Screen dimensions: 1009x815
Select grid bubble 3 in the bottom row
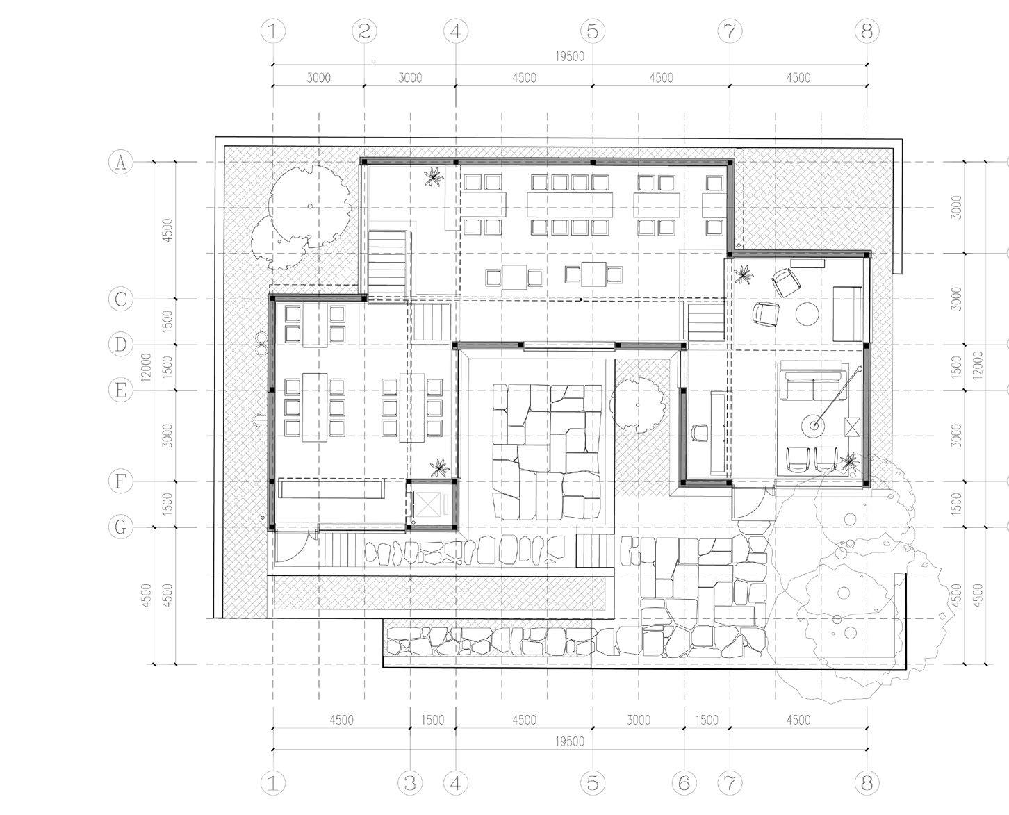(x=410, y=783)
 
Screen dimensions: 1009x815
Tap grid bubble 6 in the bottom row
(x=684, y=783)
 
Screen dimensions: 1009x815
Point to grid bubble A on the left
(x=120, y=163)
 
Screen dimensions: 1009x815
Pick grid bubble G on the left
(x=120, y=527)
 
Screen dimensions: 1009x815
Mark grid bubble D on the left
(x=120, y=345)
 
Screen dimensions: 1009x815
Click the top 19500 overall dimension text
(x=570, y=57)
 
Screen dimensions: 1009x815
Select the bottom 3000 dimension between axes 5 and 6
(x=638, y=721)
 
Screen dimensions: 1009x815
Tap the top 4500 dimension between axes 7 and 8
(x=798, y=78)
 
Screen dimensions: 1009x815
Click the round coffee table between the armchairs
(x=807, y=313)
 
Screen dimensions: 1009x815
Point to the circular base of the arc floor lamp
(x=811, y=423)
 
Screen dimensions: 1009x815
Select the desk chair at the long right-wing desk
(x=699, y=431)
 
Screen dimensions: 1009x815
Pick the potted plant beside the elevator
(x=438, y=467)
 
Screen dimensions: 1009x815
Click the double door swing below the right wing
(x=750, y=502)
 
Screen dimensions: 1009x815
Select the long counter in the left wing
(x=332, y=488)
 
